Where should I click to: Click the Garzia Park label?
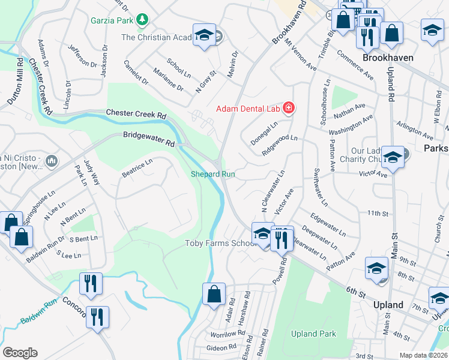111,20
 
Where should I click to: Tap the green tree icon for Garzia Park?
142,20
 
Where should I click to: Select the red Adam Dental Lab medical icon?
289,109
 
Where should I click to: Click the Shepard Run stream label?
212,175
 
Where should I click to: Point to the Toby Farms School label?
220,243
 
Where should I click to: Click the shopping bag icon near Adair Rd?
214,295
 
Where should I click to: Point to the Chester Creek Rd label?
136,113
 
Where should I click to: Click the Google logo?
20,353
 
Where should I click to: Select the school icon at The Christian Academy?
204,35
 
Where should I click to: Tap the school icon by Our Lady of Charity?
393,158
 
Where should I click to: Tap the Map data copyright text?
423,355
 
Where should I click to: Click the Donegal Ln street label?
264,134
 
